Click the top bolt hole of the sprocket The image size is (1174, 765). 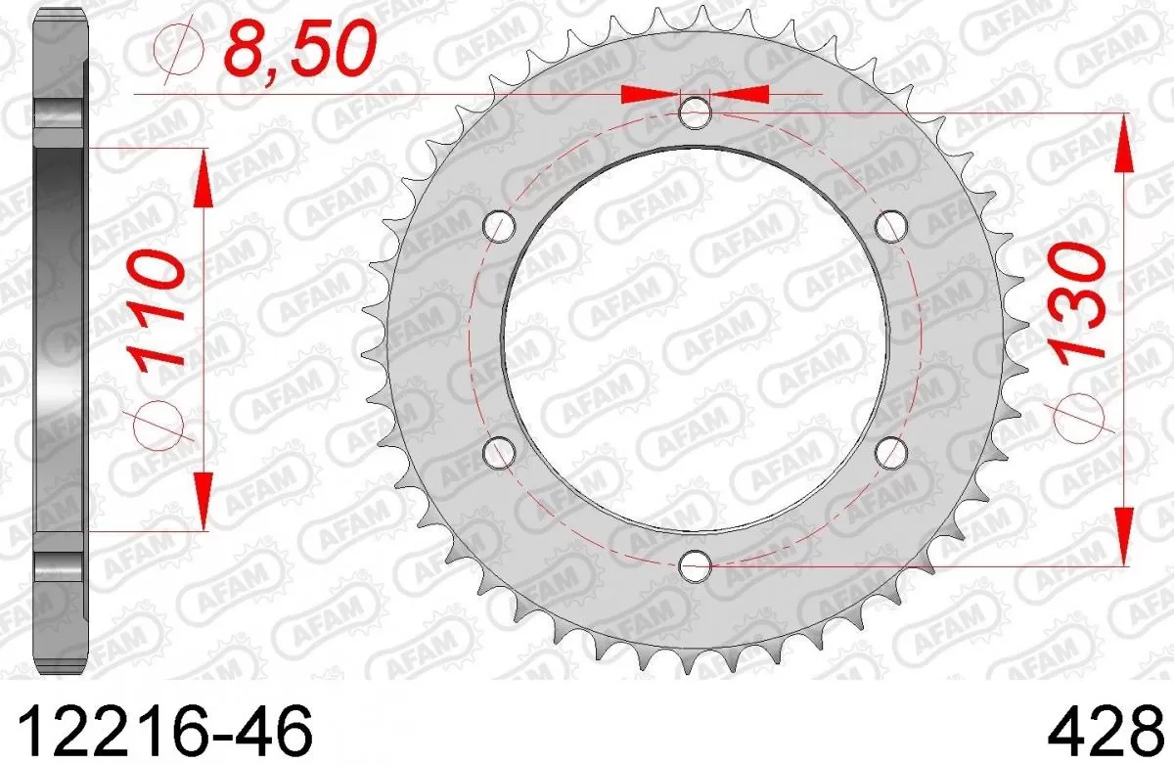tap(695, 112)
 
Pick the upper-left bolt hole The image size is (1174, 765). tap(500, 226)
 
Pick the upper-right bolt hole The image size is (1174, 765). tap(890, 226)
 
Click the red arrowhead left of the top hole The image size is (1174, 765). tap(650, 94)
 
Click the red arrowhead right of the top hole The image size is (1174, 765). tap(739, 94)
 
